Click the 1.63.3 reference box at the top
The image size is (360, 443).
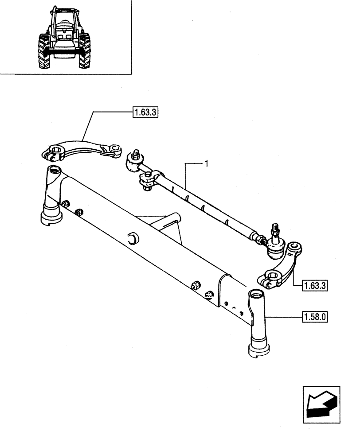click(x=145, y=113)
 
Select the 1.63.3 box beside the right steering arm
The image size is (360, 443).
click(x=314, y=285)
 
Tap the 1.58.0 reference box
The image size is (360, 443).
click(x=314, y=317)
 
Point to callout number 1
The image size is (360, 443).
click(x=206, y=164)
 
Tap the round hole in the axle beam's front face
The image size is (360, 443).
click(x=132, y=238)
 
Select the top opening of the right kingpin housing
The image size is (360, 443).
click(x=256, y=294)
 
